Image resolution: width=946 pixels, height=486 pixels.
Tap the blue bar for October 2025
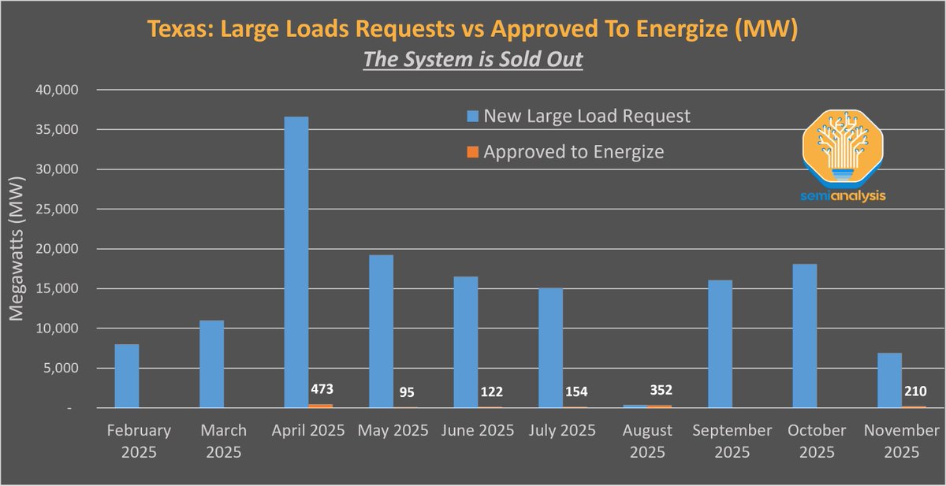(x=805, y=336)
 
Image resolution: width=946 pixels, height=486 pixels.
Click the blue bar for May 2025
(x=381, y=331)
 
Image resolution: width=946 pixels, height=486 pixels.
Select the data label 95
(x=407, y=391)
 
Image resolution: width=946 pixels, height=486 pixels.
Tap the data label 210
(x=915, y=391)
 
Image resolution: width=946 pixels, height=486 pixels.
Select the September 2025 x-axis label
(x=732, y=441)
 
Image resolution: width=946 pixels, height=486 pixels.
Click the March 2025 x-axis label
(x=222, y=441)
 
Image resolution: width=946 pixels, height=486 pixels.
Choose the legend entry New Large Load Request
(x=587, y=117)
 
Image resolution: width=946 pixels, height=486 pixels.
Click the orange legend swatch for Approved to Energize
(x=472, y=153)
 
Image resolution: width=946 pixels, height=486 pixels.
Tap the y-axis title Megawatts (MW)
(x=18, y=249)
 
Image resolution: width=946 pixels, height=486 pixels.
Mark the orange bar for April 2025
(x=321, y=406)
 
